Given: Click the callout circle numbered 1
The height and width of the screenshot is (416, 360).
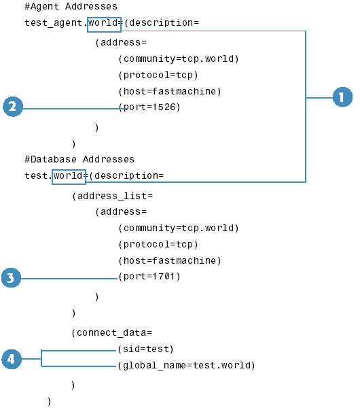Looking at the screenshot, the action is pos(342,97).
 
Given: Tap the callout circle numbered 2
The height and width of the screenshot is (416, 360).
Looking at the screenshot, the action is pos(13,107).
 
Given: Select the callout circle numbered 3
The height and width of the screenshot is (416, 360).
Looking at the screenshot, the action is pos(11,278).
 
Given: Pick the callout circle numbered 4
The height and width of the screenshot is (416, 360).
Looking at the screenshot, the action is pos(12,359).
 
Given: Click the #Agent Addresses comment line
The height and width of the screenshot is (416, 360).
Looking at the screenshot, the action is pos(71,6).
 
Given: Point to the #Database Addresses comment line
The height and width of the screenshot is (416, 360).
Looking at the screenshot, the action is pos(79,159).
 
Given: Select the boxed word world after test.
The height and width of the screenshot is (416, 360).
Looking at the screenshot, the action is pos(69,177).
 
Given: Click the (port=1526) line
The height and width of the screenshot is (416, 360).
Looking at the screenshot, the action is pos(149,107).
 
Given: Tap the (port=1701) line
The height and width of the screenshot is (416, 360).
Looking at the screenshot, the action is pos(149,277).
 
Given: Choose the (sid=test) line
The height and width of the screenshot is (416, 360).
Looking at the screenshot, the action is pos(145,349).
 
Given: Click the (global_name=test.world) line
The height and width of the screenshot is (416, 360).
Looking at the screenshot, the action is pos(186,366).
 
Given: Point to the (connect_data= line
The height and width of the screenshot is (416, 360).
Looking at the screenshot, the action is pos(112,332).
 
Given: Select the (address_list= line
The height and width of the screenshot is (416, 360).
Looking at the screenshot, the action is pos(112,196).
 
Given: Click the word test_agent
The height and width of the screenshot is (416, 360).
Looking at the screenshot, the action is pos(53,23).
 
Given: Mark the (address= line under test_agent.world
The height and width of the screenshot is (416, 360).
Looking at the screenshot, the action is pos(121,42).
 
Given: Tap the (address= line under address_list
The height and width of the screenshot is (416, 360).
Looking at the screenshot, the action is pos(121,211).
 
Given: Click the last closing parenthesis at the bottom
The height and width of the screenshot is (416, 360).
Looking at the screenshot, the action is pos(50,402).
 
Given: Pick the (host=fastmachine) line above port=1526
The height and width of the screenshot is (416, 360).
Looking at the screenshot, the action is pos(170,92).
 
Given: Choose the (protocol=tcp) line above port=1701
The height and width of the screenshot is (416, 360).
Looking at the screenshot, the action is pos(158,244).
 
